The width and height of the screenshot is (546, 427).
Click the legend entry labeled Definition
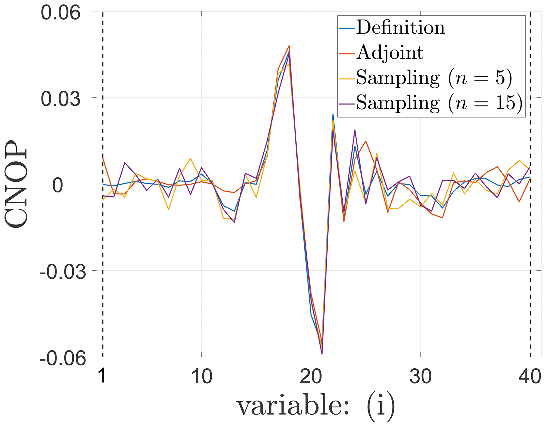(x=400, y=27)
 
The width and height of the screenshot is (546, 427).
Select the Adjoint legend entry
(x=390, y=53)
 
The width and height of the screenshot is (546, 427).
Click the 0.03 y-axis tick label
(x=60, y=99)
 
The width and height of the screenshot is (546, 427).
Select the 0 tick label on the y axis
(x=58, y=186)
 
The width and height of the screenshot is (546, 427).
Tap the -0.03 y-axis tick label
(x=63, y=272)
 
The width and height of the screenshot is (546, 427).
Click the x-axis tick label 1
(x=102, y=377)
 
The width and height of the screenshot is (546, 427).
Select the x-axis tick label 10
(x=202, y=377)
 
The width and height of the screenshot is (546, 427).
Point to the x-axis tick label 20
(x=311, y=377)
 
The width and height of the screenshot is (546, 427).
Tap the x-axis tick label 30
(x=420, y=377)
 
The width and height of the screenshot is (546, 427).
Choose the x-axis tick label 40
(x=530, y=377)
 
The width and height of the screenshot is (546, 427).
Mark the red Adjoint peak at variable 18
(x=289, y=46)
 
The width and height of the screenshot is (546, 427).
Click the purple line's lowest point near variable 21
(x=322, y=354)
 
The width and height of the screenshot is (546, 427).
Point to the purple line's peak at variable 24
(x=355, y=130)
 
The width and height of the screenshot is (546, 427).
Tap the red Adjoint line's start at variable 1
(x=103, y=158)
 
